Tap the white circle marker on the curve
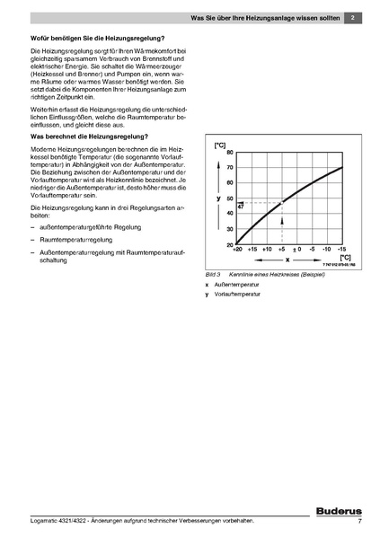coord(281,202)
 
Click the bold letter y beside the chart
coord(218,196)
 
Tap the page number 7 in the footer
coord(358,522)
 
